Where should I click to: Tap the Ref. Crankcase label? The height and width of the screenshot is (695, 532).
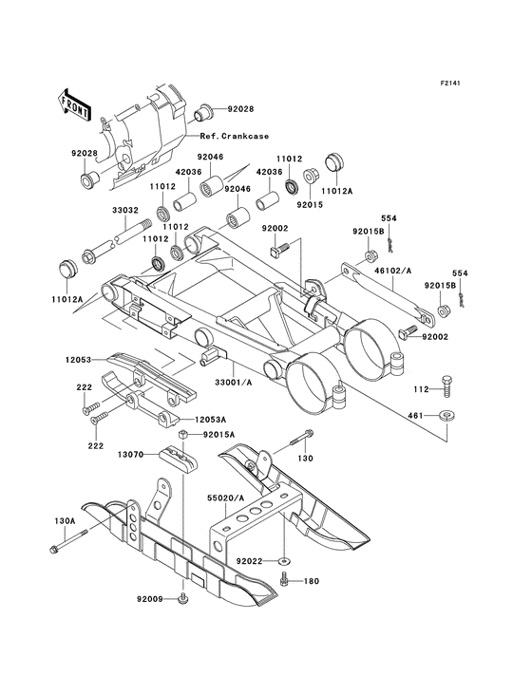point(232,137)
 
